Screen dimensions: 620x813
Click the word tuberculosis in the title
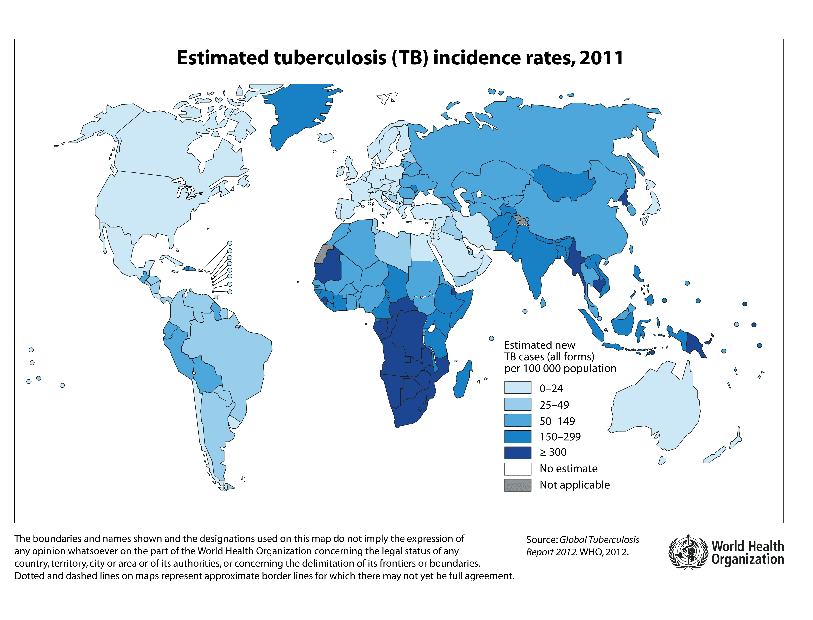(330, 58)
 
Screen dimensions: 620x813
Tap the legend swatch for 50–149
(517, 420)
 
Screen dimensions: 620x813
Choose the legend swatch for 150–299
(517, 436)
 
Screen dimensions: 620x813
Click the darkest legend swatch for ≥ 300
(517, 452)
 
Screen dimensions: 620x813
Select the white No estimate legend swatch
(517, 469)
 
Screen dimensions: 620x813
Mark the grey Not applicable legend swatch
(517, 485)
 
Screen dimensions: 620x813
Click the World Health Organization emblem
(688, 552)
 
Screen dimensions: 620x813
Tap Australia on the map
(657, 406)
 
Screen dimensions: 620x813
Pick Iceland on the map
(325, 138)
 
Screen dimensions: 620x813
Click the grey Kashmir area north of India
(521, 221)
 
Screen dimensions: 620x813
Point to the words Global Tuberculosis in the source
(599, 540)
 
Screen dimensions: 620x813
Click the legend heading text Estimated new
(539, 345)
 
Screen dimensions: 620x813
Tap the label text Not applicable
(574, 485)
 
